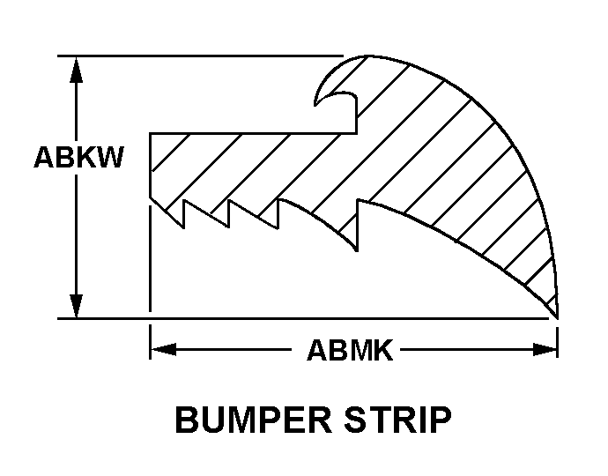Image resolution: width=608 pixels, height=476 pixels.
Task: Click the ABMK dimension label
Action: pos(350,351)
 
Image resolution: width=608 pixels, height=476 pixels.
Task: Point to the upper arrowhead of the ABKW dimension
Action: pos(78,65)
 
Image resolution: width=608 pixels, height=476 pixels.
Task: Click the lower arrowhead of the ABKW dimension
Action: pos(78,309)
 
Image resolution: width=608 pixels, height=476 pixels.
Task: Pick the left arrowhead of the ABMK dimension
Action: pos(159,351)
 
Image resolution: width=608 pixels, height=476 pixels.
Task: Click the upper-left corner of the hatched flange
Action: pos(151,134)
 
